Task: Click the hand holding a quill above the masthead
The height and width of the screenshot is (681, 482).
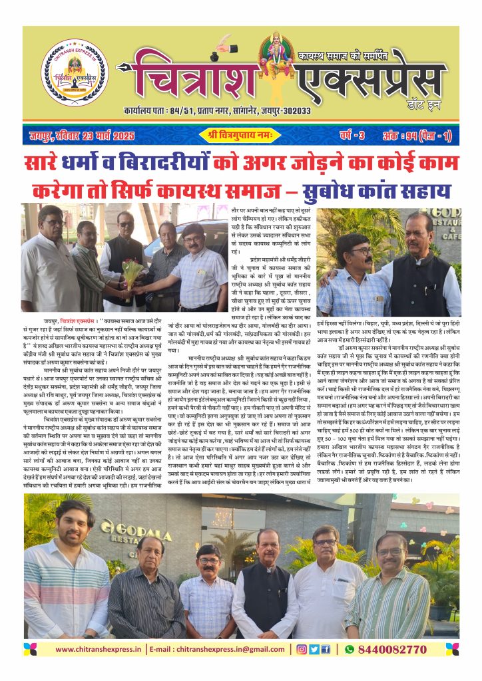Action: click(221, 47)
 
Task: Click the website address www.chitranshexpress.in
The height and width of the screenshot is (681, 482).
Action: click(99, 649)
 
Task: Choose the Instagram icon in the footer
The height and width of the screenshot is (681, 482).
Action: click(302, 649)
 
